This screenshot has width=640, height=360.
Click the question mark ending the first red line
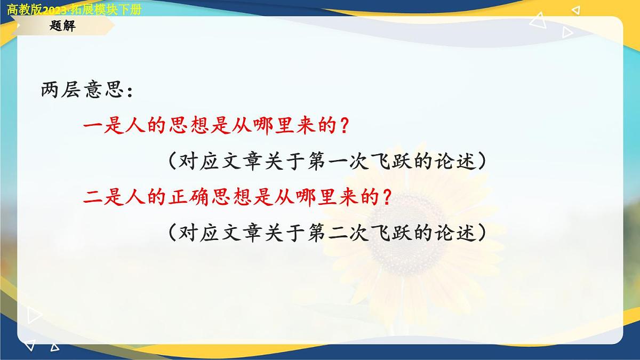click(345, 127)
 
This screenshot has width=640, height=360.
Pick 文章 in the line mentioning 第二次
click(243, 233)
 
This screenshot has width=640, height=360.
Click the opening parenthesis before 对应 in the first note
click(171, 162)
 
